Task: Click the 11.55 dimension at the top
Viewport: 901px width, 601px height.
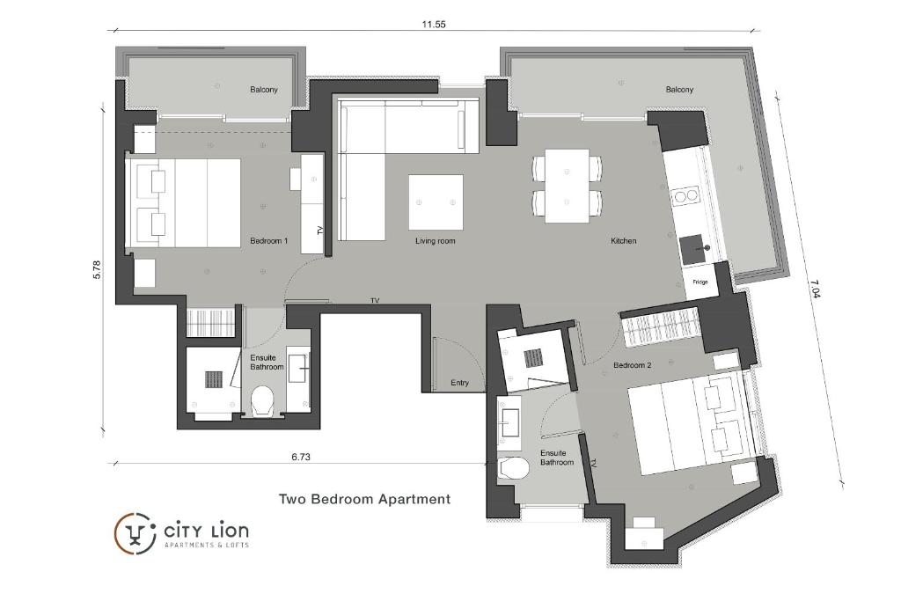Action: click(x=434, y=25)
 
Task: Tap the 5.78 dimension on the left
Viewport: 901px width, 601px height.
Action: click(x=98, y=269)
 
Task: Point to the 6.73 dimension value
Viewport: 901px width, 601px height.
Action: click(x=301, y=457)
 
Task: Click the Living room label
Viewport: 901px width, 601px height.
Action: click(x=435, y=241)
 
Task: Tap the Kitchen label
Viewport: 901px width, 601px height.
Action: click(x=623, y=241)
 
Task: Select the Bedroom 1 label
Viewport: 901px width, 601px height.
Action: click(x=268, y=241)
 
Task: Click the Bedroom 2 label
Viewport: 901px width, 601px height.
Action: click(x=632, y=365)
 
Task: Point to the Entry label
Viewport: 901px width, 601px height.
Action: click(x=459, y=383)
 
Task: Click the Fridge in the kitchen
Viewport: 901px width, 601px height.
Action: click(x=700, y=282)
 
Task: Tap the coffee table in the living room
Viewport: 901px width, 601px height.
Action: click(x=436, y=202)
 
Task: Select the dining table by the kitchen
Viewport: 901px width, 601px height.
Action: click(x=567, y=186)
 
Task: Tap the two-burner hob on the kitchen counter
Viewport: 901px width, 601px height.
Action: click(x=685, y=195)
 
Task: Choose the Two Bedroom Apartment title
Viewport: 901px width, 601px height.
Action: click(x=364, y=499)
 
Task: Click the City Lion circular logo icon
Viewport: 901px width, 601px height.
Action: click(x=135, y=532)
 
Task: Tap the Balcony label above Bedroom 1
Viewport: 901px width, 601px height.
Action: click(x=264, y=90)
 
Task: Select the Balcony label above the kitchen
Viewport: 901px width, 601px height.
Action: click(x=679, y=90)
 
